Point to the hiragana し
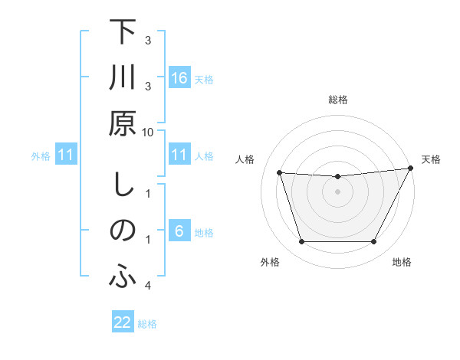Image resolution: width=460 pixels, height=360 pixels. coord(122,186)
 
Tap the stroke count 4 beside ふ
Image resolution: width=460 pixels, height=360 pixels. coord(148,286)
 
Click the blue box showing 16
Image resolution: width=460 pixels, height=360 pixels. coord(179,78)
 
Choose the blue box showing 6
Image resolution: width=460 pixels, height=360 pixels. coord(179,232)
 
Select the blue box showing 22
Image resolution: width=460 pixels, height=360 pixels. coord(123,323)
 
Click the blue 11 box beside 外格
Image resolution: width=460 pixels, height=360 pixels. coord(66,155)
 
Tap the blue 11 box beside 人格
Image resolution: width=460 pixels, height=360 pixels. coord(179,155)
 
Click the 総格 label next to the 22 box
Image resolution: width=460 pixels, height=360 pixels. coord(147,324)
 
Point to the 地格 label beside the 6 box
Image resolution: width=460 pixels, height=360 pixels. coord(204,233)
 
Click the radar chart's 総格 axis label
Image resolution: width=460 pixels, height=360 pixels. coord(337,100)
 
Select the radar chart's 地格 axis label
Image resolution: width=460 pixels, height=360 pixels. coord(402,263)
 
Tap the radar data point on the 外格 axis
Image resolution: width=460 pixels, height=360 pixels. coord(301,242)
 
